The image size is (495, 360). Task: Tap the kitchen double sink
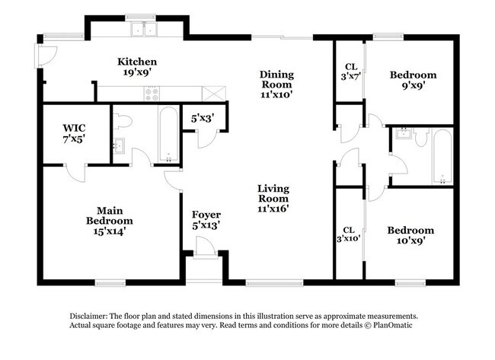coord(142,30)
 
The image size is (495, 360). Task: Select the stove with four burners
coord(152,94)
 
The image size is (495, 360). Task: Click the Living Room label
coord(273,197)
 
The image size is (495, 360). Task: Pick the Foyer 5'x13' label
coord(206,220)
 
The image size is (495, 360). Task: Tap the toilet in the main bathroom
coord(126,121)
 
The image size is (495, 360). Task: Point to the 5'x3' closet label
coord(203,118)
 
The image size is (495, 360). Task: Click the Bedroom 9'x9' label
coord(413,80)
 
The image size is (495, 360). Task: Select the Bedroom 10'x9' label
coord(410,235)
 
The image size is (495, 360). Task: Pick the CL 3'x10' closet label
coord(350,234)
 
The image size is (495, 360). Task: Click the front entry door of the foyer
coord(203,247)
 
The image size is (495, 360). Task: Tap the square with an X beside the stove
coord(214,93)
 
